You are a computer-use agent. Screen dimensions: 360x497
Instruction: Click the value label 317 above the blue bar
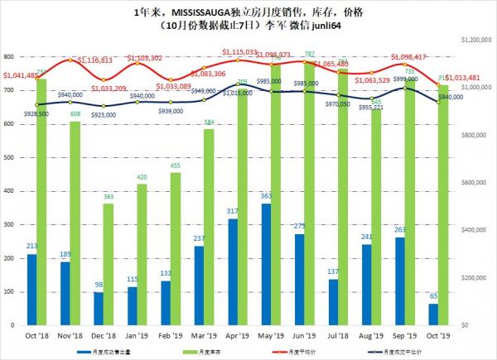[232, 212]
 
